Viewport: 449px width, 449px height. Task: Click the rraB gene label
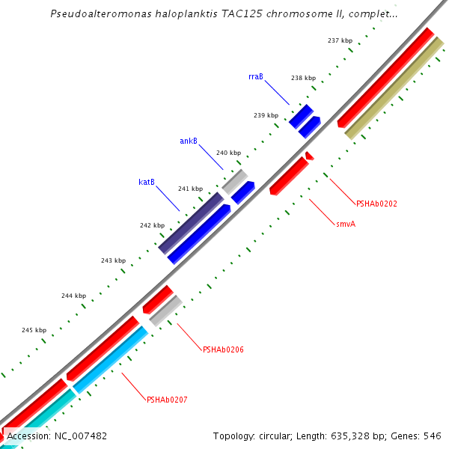[x=255, y=76]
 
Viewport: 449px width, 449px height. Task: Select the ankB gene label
[x=189, y=141]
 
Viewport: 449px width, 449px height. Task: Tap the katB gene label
[x=147, y=182]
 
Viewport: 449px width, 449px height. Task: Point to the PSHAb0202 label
[x=376, y=203]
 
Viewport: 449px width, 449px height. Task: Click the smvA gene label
[x=346, y=223]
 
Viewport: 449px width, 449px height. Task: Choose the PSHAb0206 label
[x=223, y=349]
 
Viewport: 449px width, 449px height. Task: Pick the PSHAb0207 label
[x=167, y=400]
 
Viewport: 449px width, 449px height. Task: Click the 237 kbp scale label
[x=340, y=40]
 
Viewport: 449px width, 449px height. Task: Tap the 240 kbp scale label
[x=229, y=153]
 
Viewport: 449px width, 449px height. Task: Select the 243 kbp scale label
[x=114, y=260]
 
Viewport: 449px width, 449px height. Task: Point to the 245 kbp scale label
[x=34, y=330]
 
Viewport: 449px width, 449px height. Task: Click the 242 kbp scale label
[x=152, y=225]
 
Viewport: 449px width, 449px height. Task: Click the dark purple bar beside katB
[x=191, y=223]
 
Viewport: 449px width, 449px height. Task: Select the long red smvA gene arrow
[x=288, y=177]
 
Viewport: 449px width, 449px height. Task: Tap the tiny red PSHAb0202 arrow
[x=309, y=155]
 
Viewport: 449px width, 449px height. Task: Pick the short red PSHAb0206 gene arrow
[x=158, y=299]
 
